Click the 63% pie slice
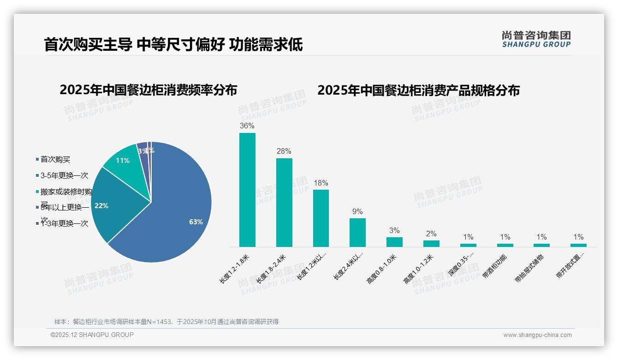point(180,217)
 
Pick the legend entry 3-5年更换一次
point(64,176)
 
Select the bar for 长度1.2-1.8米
point(247,190)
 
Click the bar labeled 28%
point(284,203)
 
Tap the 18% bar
point(321,218)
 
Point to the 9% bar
point(357,233)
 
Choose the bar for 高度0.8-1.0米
point(394,242)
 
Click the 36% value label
point(247,126)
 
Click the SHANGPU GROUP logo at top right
point(536,39)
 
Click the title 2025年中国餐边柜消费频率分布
point(148,90)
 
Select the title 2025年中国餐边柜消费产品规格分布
point(418,90)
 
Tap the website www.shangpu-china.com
point(537,335)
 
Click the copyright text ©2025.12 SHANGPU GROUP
point(92,335)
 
